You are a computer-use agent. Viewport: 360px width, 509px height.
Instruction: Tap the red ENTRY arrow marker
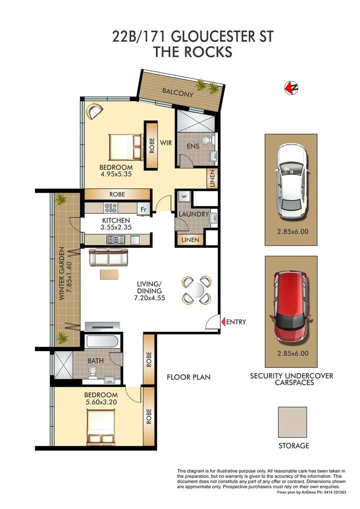222,322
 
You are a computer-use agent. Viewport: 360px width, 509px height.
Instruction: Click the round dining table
197,291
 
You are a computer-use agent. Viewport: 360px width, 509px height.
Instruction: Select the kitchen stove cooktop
111,208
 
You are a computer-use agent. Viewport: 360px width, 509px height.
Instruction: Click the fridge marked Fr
143,209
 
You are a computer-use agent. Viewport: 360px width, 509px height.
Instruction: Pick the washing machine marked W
184,197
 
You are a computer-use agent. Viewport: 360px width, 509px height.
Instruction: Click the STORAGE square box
292,422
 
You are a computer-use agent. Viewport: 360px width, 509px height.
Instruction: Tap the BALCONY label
177,92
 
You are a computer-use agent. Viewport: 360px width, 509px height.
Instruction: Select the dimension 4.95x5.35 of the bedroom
115,175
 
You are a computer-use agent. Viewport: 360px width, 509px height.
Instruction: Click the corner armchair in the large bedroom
94,111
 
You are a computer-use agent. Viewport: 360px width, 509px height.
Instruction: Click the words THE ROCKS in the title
192,52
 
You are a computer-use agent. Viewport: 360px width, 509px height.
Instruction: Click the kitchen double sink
116,240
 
